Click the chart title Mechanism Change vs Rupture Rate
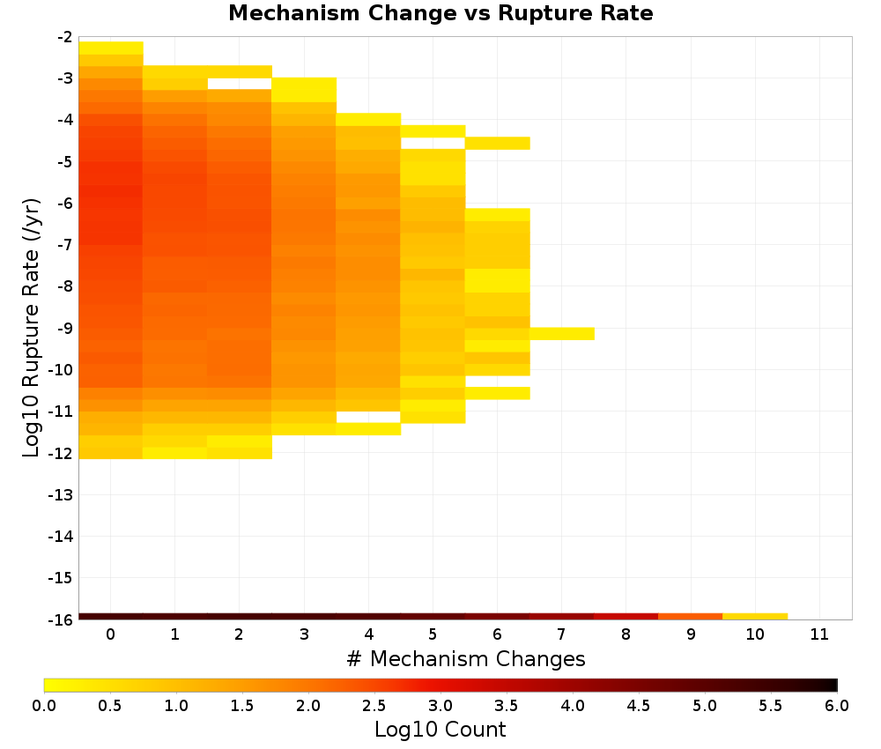[440, 13]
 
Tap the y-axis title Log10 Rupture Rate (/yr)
[32, 328]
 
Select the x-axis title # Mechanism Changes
[466, 658]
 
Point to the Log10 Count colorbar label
[440, 730]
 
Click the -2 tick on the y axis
[64, 37]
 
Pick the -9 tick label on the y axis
[64, 328]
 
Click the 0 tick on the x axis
[111, 634]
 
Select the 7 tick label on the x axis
[561, 634]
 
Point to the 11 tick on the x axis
[819, 634]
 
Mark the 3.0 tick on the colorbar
[440, 705]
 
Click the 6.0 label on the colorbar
[837, 705]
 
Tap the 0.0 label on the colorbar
[44, 705]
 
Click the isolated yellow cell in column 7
[562, 334]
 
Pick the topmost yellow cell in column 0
[111, 48]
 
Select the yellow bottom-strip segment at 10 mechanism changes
[755, 617]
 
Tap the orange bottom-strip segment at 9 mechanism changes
[691, 617]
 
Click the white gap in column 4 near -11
[368, 417]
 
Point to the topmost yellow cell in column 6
[497, 144]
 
